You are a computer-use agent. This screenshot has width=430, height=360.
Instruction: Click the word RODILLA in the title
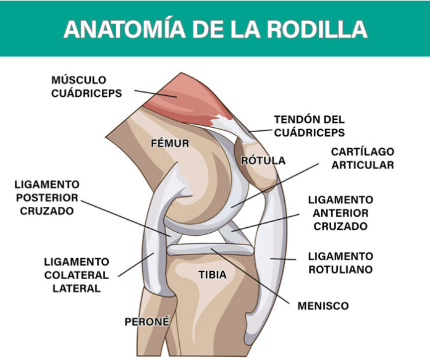coord(318,29)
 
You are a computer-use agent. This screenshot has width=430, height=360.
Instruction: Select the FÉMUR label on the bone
coord(170,143)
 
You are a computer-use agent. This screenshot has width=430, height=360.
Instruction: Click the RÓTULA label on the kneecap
coord(263,161)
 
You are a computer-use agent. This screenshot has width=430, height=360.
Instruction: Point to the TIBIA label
coord(213,274)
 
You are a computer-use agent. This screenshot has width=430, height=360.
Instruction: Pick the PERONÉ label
coord(147,322)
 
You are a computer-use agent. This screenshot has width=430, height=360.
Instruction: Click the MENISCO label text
coord(323,306)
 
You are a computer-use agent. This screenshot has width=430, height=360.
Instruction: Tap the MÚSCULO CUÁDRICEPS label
coord(86,86)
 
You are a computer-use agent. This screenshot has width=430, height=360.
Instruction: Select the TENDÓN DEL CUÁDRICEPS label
coord(310,126)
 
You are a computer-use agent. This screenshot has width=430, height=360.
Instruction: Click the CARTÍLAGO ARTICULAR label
coord(363,158)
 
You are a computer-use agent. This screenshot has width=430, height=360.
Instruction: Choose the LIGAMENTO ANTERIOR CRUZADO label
coord(340,213)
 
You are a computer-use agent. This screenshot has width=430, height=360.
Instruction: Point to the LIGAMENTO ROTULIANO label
coord(340,262)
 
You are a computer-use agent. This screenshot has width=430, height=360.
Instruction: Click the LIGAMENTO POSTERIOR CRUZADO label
coord(47,198)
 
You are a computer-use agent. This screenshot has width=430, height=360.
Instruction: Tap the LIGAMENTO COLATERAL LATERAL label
coord(77,275)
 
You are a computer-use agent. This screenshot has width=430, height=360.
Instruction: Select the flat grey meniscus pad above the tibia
coord(210,249)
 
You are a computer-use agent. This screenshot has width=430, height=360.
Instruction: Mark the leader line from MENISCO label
coord(250,276)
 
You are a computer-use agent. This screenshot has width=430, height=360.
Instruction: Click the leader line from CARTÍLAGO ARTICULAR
coord(275,185)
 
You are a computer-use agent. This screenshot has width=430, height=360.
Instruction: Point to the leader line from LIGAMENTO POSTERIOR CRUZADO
coord(125,218)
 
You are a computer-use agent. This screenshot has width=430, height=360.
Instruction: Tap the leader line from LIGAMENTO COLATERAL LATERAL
coord(136,265)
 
